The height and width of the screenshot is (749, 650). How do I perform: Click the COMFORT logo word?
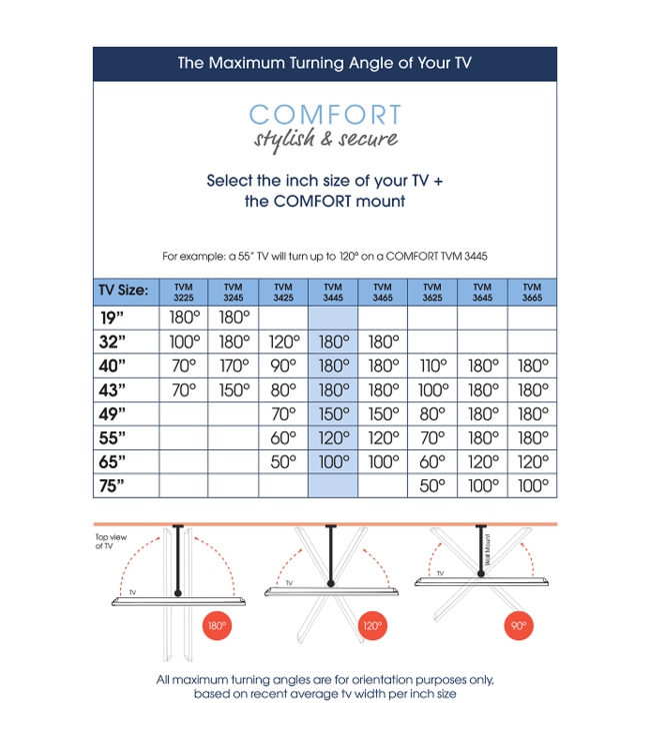pyautogui.click(x=325, y=115)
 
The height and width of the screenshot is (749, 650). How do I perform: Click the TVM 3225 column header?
pyautogui.click(x=183, y=292)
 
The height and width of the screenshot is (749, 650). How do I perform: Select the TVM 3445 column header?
pyautogui.click(x=333, y=292)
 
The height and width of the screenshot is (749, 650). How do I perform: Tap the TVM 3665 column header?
pyautogui.click(x=532, y=292)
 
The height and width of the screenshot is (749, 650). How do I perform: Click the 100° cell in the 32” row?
pyautogui.click(x=183, y=342)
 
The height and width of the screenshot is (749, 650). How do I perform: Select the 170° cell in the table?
pyautogui.click(x=233, y=366)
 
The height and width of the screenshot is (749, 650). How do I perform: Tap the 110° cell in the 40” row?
pyautogui.click(x=432, y=366)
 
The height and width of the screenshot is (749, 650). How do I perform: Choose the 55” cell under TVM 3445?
pyautogui.click(x=333, y=437)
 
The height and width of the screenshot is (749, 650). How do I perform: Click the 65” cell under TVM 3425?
pyautogui.click(x=283, y=461)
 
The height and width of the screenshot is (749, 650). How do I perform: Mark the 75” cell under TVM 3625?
pyautogui.click(x=432, y=485)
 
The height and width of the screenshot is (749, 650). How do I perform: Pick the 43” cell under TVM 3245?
pyautogui.click(x=233, y=389)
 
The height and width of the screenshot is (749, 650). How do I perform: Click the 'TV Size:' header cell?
pyautogui.click(x=123, y=292)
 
